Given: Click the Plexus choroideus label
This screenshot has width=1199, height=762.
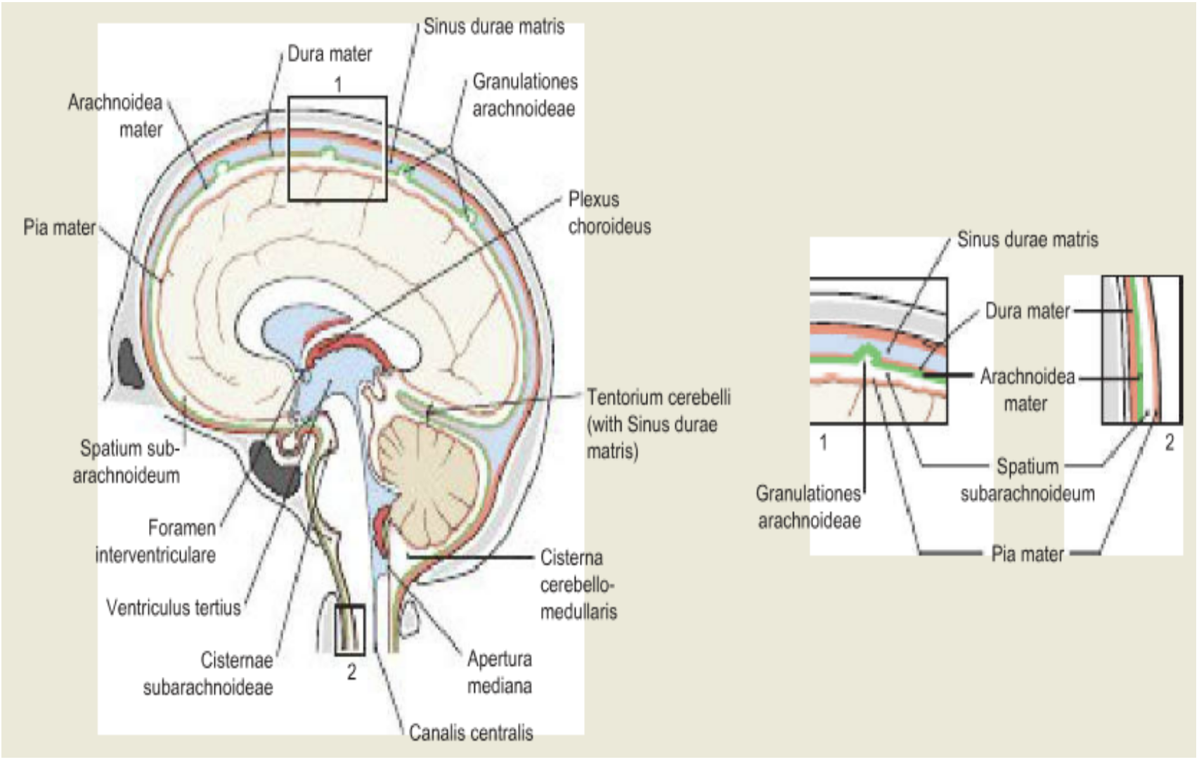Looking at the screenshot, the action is click(x=609, y=212).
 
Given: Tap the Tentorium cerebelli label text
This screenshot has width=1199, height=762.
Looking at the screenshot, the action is click(x=659, y=398).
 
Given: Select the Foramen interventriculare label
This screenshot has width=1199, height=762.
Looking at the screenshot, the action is click(x=156, y=541).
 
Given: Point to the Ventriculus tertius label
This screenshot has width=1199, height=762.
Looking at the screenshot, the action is click(x=174, y=608).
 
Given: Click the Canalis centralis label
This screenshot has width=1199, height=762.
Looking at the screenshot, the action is click(x=471, y=732).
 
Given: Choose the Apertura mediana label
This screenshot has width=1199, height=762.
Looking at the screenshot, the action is click(x=500, y=673).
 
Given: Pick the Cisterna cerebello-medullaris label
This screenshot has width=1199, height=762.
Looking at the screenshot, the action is click(x=578, y=584).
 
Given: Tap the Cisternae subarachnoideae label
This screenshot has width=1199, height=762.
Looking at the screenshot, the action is click(x=208, y=673).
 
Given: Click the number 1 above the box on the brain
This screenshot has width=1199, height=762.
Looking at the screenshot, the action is click(x=338, y=84).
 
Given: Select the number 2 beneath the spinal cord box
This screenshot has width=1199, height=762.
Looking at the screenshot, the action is click(x=351, y=671).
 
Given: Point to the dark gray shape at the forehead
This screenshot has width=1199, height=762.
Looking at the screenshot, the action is click(x=130, y=363).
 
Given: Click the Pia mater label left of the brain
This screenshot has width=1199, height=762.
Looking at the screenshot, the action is click(x=60, y=228).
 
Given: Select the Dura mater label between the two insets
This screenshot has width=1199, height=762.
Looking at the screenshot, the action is click(x=1028, y=311).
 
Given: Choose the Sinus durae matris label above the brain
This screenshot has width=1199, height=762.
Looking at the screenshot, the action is click(x=494, y=26).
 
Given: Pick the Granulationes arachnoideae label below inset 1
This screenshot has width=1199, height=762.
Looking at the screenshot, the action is click(x=809, y=507).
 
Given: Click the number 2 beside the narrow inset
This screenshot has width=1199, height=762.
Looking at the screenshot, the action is click(x=1169, y=442).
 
